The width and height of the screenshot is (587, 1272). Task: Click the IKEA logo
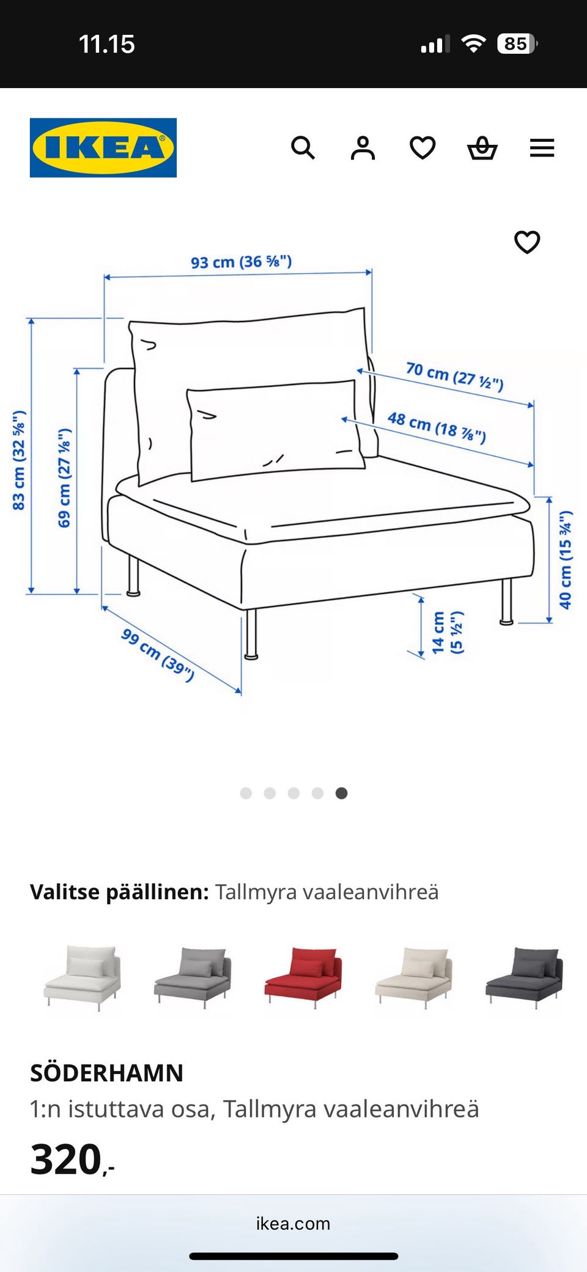coord(103,148)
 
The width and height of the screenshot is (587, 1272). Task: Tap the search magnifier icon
coord(303,148)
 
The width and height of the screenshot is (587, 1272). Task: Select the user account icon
coord(363,148)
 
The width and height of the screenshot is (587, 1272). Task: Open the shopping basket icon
coord(482,148)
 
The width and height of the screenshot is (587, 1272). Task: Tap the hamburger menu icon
coord(542,148)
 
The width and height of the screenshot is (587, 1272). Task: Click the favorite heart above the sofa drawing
coord(527,242)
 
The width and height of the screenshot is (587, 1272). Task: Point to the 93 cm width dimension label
coord(241,262)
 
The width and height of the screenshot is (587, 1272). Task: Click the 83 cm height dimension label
coord(19,460)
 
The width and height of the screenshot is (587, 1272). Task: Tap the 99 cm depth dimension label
coord(158,654)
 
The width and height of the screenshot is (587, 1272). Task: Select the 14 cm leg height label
coord(446,633)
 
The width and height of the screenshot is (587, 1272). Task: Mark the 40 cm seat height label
coord(566,559)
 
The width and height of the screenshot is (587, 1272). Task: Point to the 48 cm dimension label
coord(437,427)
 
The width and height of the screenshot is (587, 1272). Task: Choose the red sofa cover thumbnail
coord(303,976)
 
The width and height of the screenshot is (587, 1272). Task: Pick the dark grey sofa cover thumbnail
coord(524,976)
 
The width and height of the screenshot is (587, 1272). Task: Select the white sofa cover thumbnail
coord(83,976)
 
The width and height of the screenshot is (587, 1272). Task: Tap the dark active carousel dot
coord(341,793)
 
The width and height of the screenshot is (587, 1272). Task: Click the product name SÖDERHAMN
coord(106,1073)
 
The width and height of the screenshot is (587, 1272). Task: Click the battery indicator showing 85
coord(517,44)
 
